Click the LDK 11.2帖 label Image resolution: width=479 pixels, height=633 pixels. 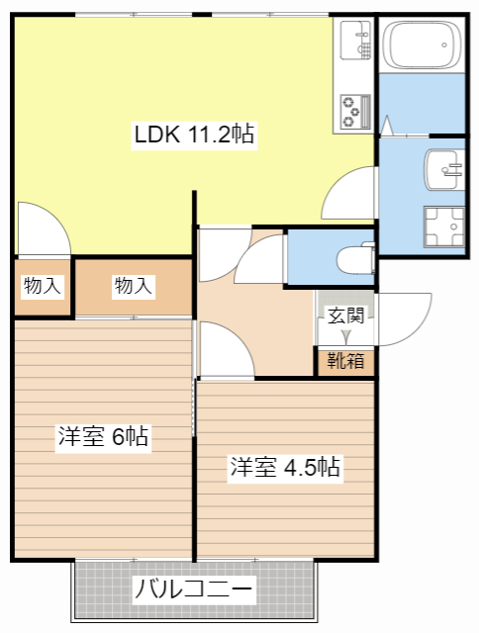[x=194, y=135]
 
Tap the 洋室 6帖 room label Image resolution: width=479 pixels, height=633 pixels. [x=103, y=436]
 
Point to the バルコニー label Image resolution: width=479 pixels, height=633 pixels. [x=193, y=589]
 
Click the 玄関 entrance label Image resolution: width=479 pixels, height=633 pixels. [x=346, y=316]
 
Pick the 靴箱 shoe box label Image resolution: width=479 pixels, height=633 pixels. [x=345, y=360]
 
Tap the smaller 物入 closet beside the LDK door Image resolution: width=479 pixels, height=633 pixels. [x=43, y=286]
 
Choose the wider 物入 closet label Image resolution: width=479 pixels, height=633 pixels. [x=134, y=286]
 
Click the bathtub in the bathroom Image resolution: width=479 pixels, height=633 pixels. [x=422, y=45]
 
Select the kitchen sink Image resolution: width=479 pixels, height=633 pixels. [x=355, y=41]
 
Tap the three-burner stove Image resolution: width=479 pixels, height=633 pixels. [x=355, y=112]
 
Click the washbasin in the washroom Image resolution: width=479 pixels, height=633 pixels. [x=444, y=169]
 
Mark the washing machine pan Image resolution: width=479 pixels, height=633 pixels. [x=444, y=226]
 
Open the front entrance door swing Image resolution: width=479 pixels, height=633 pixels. [x=404, y=318]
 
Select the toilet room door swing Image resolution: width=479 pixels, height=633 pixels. [x=260, y=258]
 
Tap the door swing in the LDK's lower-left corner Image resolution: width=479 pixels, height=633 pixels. [x=45, y=228]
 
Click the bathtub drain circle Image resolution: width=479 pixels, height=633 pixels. [x=444, y=45]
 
